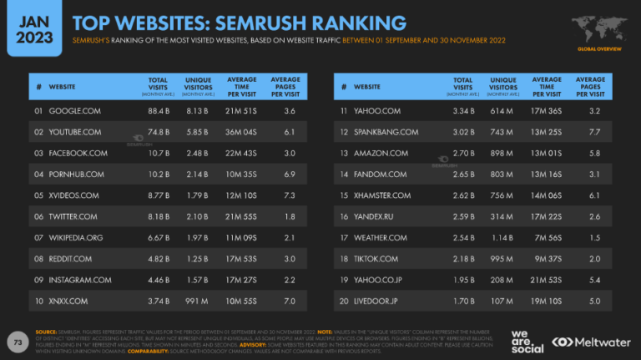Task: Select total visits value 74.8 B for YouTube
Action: point(160,132)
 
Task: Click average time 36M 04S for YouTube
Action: point(242,132)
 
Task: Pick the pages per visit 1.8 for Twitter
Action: point(290,217)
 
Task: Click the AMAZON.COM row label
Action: point(381,154)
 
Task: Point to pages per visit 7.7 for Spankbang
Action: point(593,132)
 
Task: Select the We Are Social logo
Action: point(527,342)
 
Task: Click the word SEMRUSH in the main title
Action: point(306,23)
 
